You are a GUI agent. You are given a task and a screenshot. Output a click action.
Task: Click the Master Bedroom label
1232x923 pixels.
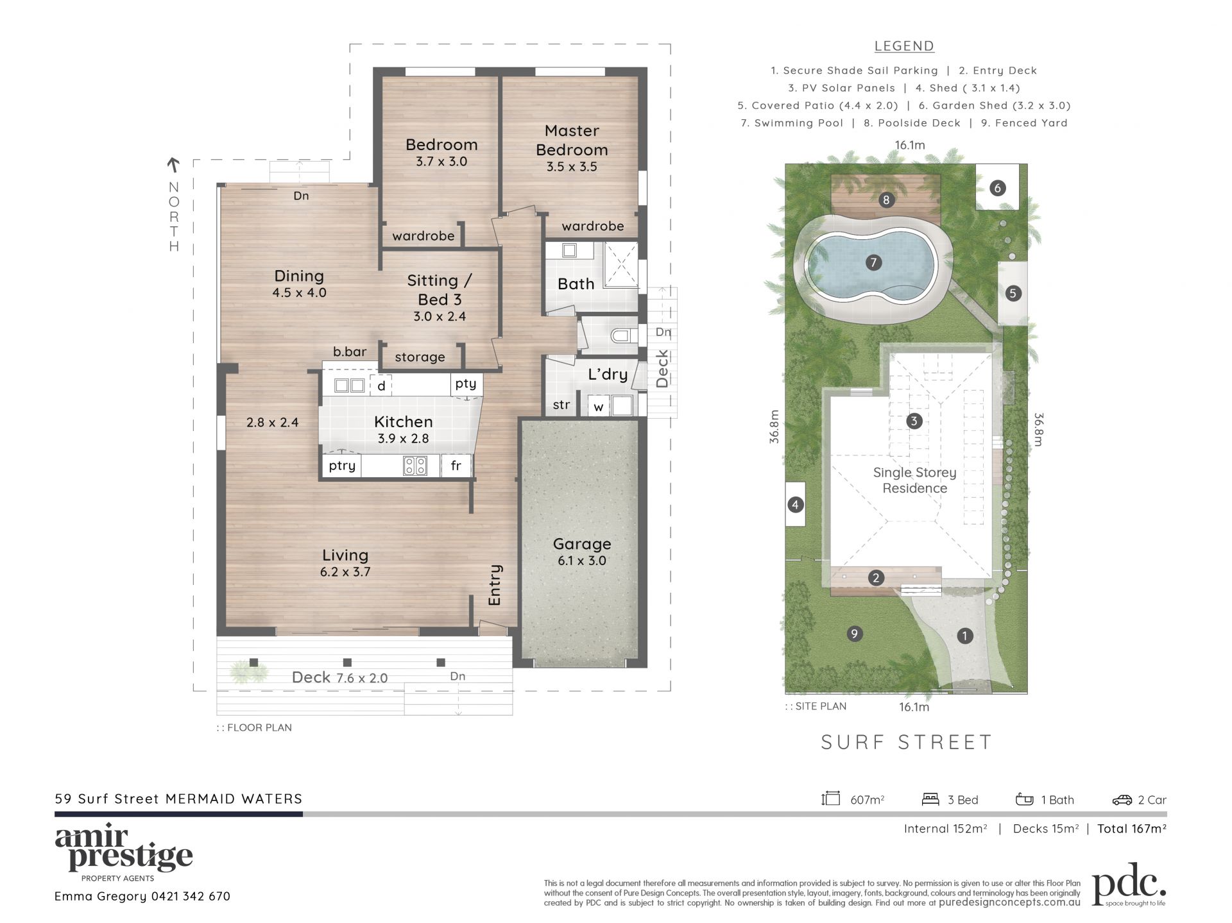[572, 140]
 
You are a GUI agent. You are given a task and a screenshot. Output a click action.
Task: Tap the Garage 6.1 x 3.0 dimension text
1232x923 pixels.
[582, 561]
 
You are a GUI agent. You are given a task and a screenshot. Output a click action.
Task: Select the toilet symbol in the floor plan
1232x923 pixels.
[620, 335]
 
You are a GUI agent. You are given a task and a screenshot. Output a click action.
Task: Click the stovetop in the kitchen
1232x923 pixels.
[415, 466]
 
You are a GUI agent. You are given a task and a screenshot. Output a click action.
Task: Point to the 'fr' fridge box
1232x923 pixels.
[456, 466]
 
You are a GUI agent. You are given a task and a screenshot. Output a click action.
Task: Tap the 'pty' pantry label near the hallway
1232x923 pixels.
[466, 384]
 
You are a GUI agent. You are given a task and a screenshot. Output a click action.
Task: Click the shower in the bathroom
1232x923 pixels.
[620, 265]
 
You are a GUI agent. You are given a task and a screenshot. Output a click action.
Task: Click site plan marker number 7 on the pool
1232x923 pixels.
[873, 262]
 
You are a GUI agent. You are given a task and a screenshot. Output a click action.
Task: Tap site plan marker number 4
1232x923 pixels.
[795, 505]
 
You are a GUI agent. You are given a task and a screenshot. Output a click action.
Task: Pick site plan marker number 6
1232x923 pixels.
[997, 188]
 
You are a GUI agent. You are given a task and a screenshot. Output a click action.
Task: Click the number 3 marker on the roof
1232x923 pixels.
[914, 421]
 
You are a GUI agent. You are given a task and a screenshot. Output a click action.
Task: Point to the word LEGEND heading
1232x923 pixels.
[904, 46]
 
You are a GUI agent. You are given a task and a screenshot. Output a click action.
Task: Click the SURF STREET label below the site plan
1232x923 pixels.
[907, 742]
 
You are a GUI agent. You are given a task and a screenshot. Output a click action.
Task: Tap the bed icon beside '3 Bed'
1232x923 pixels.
[930, 799]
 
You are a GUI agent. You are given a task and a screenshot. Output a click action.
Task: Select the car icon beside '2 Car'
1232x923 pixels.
[1122, 800]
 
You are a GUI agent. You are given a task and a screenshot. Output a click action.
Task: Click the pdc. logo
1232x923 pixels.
[1129, 883]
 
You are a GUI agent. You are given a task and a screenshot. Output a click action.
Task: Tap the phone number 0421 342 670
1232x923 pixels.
[191, 896]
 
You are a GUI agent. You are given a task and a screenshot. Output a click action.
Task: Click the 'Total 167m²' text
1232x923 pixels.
[1132, 829]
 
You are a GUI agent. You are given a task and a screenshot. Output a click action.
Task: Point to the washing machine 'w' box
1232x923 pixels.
[598, 406]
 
